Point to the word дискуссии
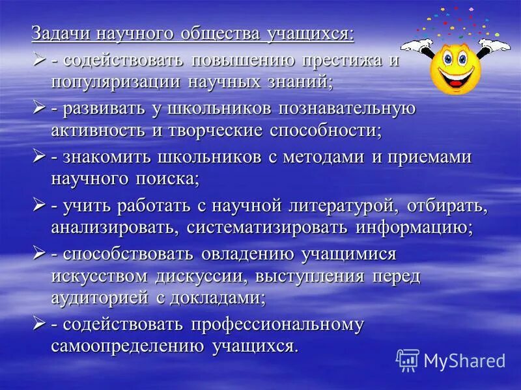pyautogui.click(x=195, y=275)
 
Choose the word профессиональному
pyautogui.click(x=277, y=324)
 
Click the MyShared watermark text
pyautogui.click(x=464, y=361)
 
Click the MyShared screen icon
pyautogui.click(x=408, y=360)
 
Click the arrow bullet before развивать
pyautogui.click(x=39, y=107)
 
